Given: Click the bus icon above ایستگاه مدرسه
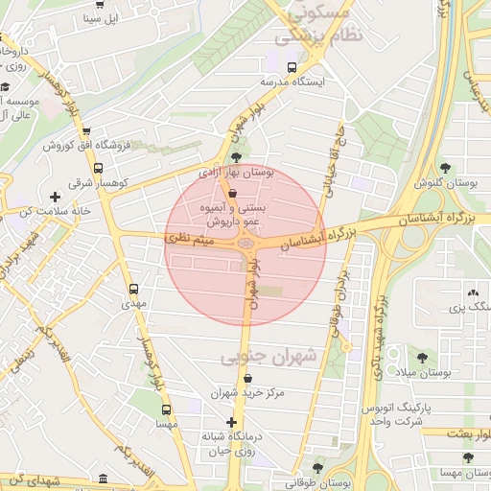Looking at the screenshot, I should (x=292, y=67).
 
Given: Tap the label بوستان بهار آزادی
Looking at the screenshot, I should (x=236, y=174).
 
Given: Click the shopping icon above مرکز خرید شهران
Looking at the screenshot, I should (x=247, y=378).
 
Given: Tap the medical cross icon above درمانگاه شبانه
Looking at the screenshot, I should (x=230, y=422).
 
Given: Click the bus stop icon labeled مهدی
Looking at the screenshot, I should (x=132, y=288).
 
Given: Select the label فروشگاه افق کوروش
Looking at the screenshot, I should (x=85, y=146).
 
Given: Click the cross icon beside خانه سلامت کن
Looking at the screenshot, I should (x=55, y=197).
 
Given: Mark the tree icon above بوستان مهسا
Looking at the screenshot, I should (x=467, y=458).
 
